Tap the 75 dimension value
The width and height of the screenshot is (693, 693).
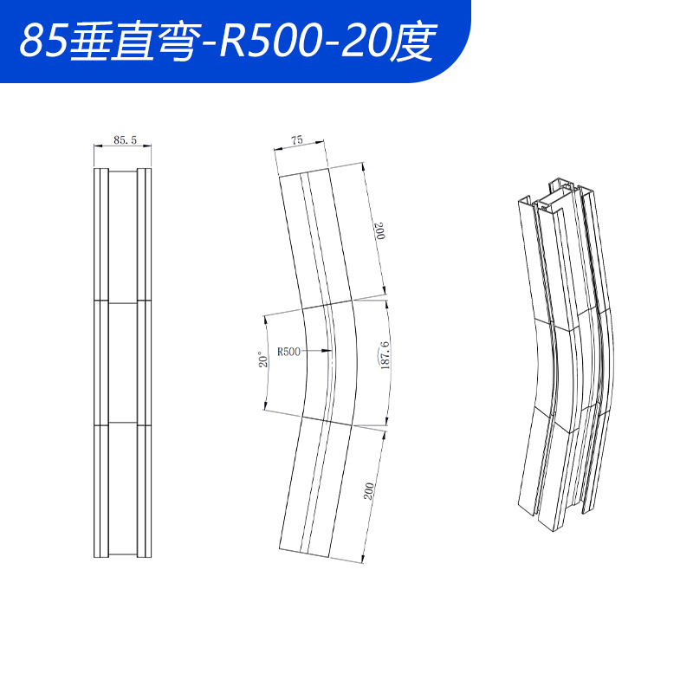tap(297, 139)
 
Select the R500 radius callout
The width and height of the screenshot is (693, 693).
tap(288, 352)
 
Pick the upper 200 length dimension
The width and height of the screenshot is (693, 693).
tap(379, 232)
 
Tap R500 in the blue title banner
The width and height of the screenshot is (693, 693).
tap(262, 41)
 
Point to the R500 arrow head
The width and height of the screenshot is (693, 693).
tap(325, 351)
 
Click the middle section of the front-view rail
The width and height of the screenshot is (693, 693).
tap(123, 362)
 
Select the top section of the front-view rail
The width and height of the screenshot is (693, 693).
tap(123, 234)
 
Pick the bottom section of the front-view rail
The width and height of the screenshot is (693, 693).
tap(123, 489)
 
